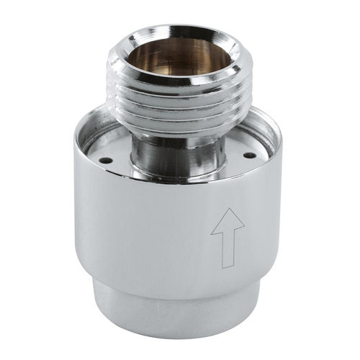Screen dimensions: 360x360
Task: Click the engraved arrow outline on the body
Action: click(228, 238)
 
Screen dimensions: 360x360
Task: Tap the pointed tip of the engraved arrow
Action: click(228, 210)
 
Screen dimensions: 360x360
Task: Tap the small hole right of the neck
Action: click(249, 154)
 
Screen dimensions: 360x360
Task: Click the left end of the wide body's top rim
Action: click(75, 148)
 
